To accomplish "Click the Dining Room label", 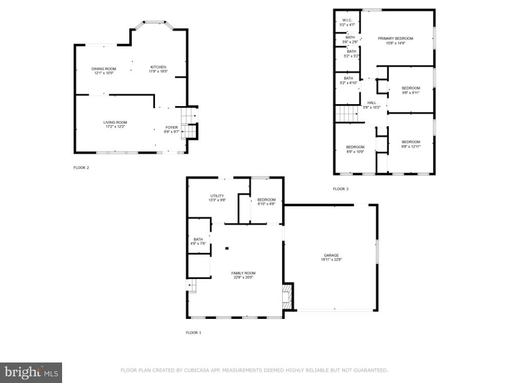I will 104,69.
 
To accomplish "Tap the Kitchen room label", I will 158,67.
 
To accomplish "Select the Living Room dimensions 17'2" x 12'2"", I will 115,126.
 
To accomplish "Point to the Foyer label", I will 171,127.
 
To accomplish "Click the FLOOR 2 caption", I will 81,168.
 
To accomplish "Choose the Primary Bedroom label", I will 395,38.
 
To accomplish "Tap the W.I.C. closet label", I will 347,21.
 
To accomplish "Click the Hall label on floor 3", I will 371,103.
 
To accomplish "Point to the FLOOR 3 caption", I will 340,189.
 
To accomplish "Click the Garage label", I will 331,255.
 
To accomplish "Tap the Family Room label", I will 244,273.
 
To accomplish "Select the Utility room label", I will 217,196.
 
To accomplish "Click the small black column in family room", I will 226,248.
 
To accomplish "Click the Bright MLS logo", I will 31,373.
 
